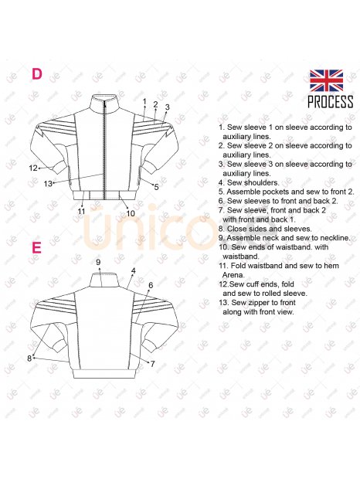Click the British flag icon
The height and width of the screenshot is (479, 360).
tap(326, 80)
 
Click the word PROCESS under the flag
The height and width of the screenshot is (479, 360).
tap(331, 102)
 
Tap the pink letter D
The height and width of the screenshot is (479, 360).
tap(37, 74)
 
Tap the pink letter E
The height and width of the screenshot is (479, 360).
tap(36, 247)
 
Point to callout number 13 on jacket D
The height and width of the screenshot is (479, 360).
tap(48, 184)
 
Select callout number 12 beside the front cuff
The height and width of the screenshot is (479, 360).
tap(33, 168)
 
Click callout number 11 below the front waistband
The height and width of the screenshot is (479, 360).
tap(81, 211)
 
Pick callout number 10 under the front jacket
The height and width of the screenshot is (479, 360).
tap(131, 213)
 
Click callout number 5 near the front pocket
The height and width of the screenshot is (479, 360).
tap(156, 187)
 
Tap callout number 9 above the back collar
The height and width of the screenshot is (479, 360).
tap(98, 262)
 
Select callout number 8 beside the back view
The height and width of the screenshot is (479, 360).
tap(29, 358)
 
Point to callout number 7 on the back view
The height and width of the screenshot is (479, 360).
tap(152, 364)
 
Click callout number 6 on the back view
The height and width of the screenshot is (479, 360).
tap(151, 285)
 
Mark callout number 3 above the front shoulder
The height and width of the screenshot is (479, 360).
tap(167, 107)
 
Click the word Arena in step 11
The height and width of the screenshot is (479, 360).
tap(233, 275)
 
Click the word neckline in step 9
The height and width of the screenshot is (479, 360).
tap(335, 238)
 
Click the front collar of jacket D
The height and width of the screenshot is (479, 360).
tap(104, 101)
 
